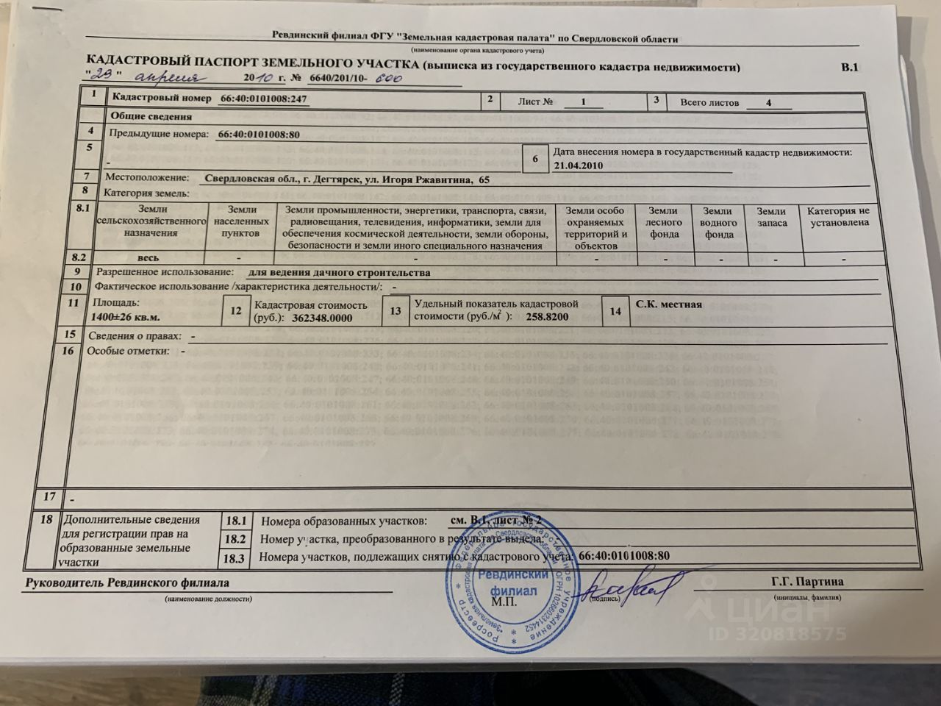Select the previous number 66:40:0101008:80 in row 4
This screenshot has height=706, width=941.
pyautogui.click(x=259, y=135)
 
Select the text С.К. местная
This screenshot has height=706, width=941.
pyautogui.click(x=668, y=304)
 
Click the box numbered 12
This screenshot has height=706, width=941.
pyautogui.click(x=236, y=311)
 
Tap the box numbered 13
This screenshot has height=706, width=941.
pyautogui.click(x=396, y=311)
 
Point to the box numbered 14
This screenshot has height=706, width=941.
pyautogui.click(x=615, y=312)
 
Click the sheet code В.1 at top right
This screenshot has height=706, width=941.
pyautogui.click(x=849, y=68)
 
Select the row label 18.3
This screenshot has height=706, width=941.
pyautogui.click(x=235, y=558)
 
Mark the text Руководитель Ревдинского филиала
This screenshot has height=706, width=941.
pyautogui.click(x=127, y=582)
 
